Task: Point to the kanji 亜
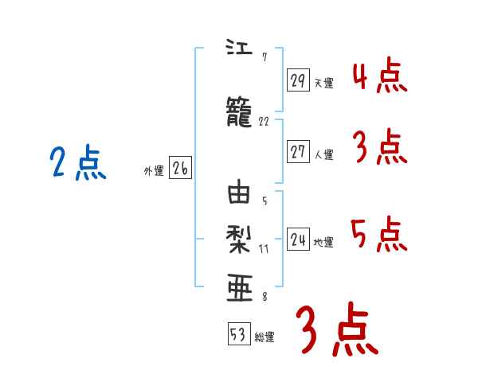[240, 286]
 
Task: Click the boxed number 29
[298, 80]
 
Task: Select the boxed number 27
[298, 152]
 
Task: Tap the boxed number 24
[298, 239]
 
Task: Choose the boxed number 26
[180, 169]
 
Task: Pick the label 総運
[264, 337]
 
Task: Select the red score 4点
[379, 76]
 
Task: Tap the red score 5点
[379, 234]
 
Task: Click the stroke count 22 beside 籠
[264, 122]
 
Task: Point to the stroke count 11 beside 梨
[264, 248]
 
